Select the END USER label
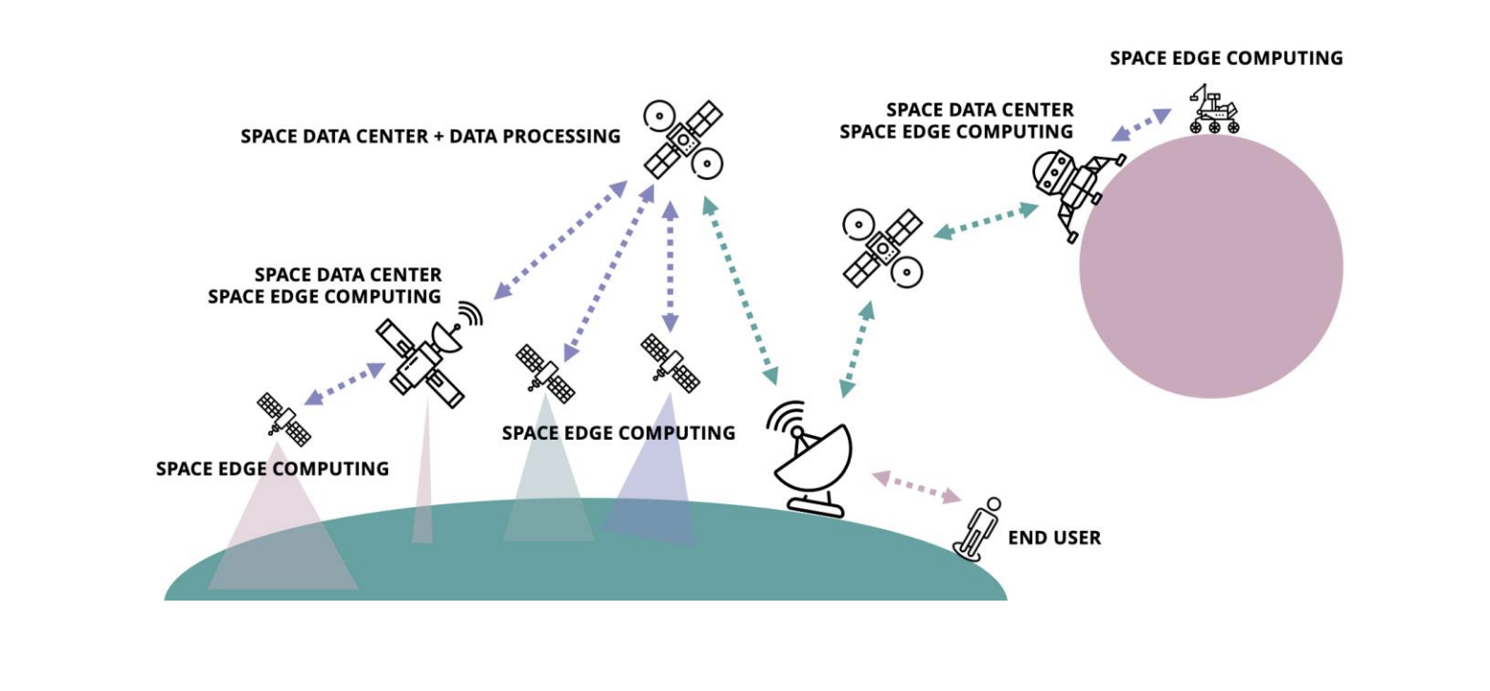pos(1054,539)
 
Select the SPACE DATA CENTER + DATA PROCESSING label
pos(430,136)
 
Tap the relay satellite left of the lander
pos(882,248)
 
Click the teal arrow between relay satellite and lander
pos(985,220)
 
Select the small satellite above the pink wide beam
pos(284,420)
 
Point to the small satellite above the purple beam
pos(670,363)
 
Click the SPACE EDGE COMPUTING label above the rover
pos(1225,58)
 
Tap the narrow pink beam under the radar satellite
pos(422,485)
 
